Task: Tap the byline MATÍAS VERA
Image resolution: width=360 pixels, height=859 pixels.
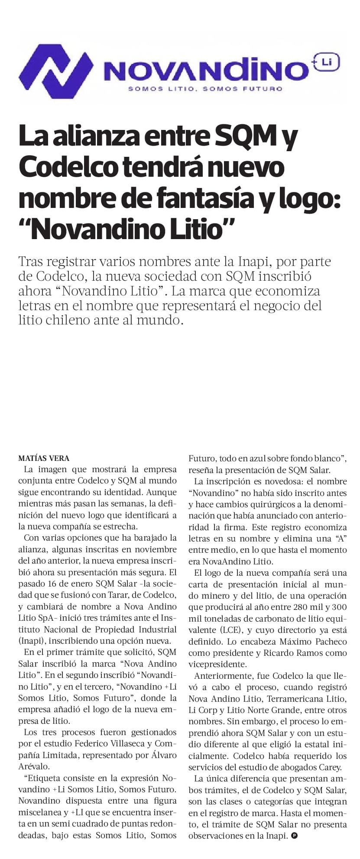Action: (44, 458)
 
